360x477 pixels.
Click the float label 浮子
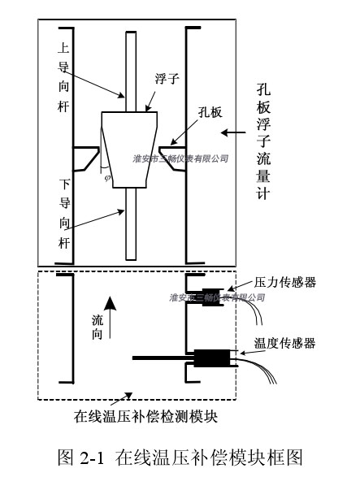[x=167, y=79]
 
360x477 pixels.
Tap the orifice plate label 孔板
[x=210, y=112]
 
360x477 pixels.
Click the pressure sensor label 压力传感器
[x=285, y=283]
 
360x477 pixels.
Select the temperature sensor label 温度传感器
[x=284, y=343]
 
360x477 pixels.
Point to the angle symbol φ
[x=106, y=178]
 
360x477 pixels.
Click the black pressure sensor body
[x=213, y=297]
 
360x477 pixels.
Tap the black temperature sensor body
[x=212, y=358]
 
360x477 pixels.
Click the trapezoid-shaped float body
[x=130, y=150]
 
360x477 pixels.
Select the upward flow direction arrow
[x=110, y=317]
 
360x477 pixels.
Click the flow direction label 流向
[x=98, y=327]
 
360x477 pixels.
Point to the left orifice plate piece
[x=86, y=158]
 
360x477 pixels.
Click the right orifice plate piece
[x=172, y=158]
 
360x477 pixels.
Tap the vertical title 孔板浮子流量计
[x=263, y=141]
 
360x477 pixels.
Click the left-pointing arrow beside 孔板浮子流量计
[x=233, y=132]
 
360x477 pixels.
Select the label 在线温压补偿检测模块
[x=145, y=416]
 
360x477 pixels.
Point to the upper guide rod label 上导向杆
[x=63, y=77]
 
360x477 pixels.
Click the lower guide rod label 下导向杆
[x=64, y=214]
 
